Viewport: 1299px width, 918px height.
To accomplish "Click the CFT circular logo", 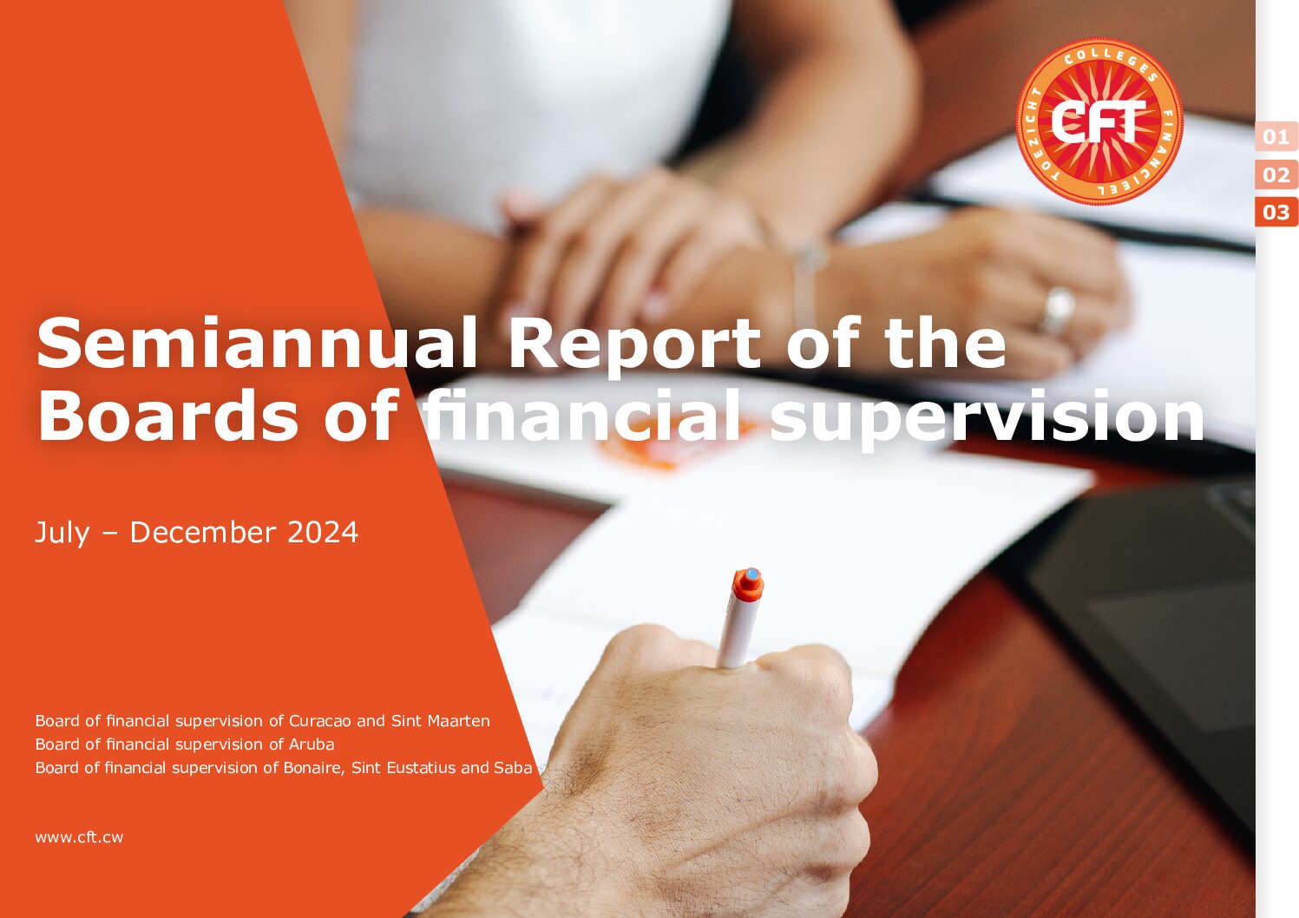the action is tap(1099, 121).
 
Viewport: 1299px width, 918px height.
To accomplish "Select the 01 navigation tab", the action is tap(1276, 137).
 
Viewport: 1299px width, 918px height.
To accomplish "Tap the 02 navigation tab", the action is tap(1276, 174).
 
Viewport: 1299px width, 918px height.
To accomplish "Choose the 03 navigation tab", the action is tap(1276, 213).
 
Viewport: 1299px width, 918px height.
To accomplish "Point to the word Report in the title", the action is tap(633, 345).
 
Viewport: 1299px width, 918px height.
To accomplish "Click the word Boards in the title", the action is tap(167, 415).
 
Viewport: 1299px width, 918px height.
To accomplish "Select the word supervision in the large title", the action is tap(987, 419).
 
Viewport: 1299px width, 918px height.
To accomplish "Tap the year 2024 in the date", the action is tap(323, 533).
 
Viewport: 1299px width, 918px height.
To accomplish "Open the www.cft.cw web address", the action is tap(79, 837).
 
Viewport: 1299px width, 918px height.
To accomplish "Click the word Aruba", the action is tap(312, 744).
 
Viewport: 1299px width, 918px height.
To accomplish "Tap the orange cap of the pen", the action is tap(748, 585).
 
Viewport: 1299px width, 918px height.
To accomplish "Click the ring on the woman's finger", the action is tap(1059, 311).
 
